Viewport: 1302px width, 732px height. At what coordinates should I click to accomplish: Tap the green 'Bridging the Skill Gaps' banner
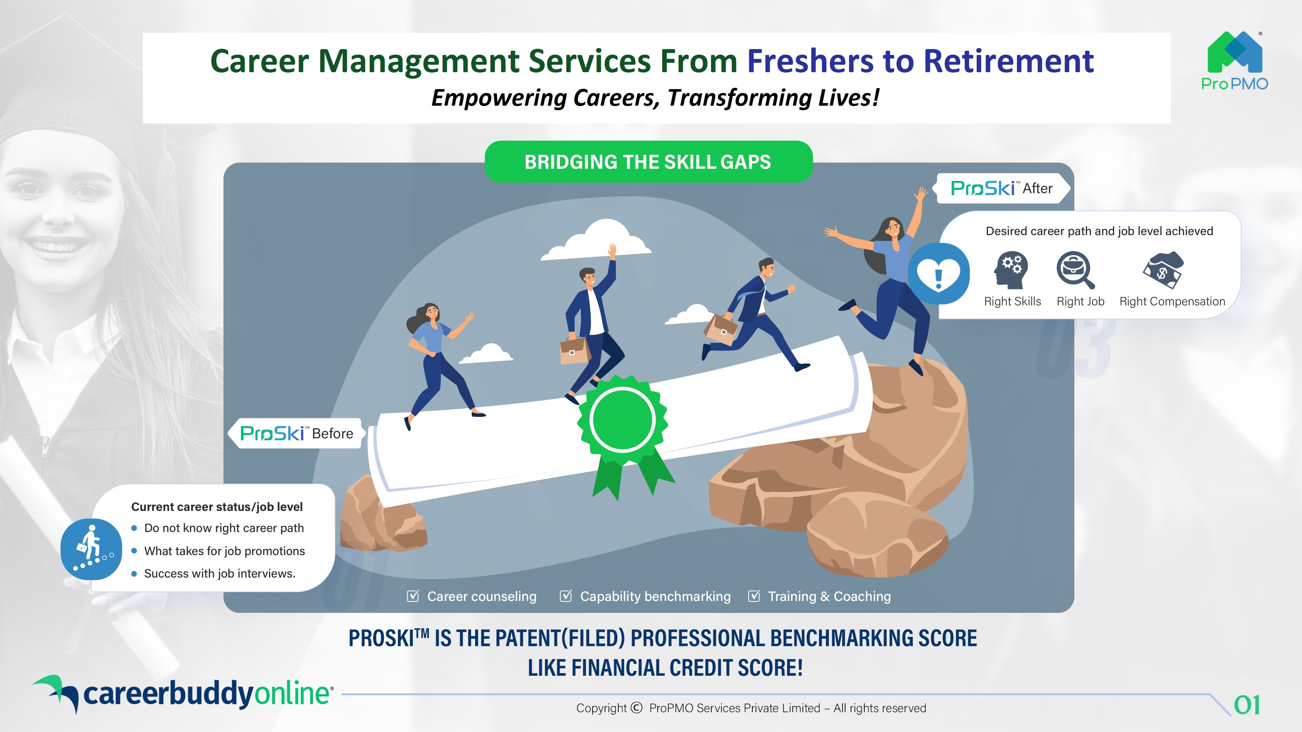coord(649,162)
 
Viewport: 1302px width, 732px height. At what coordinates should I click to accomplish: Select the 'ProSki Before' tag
coord(296,433)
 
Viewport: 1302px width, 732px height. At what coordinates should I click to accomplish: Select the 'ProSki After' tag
coord(1003,188)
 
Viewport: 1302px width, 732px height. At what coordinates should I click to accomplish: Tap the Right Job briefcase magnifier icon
coord(1075,270)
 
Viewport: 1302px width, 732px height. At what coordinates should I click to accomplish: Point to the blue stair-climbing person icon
coord(91,549)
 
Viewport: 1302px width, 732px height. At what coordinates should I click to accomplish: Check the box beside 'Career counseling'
coord(413,596)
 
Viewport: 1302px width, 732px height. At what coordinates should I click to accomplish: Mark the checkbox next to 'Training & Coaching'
coord(754,596)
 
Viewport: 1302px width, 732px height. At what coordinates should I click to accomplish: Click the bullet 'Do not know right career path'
coord(224,528)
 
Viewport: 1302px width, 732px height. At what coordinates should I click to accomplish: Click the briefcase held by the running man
coord(720,329)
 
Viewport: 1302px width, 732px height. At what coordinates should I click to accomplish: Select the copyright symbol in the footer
coord(636,708)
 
